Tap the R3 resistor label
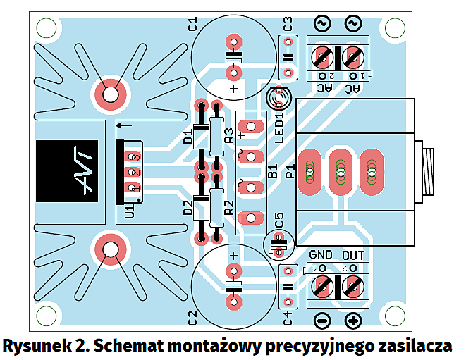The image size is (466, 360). (228, 136)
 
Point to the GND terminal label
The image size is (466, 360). (321, 254)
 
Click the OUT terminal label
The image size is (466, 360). (353, 254)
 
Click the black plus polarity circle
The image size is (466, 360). (353, 321)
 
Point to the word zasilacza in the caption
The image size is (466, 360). (414, 347)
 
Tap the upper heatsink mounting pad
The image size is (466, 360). (111, 94)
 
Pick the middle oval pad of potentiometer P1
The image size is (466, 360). (341, 171)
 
